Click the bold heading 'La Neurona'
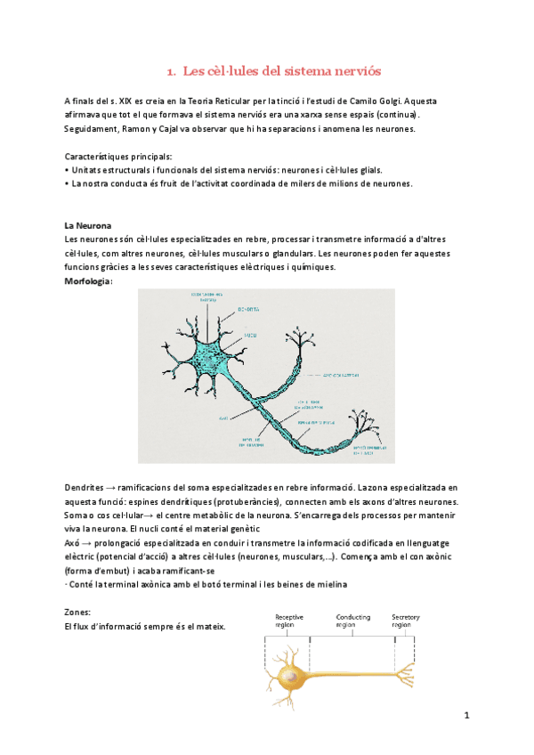pyautogui.click(x=88, y=226)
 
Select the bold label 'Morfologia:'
pyautogui.click(x=89, y=280)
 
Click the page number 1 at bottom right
pyautogui.click(x=465, y=715)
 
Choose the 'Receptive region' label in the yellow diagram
pyautogui.click(x=290, y=621)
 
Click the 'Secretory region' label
pyautogui.click(x=407, y=621)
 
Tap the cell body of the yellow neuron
pyautogui.click(x=290, y=678)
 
